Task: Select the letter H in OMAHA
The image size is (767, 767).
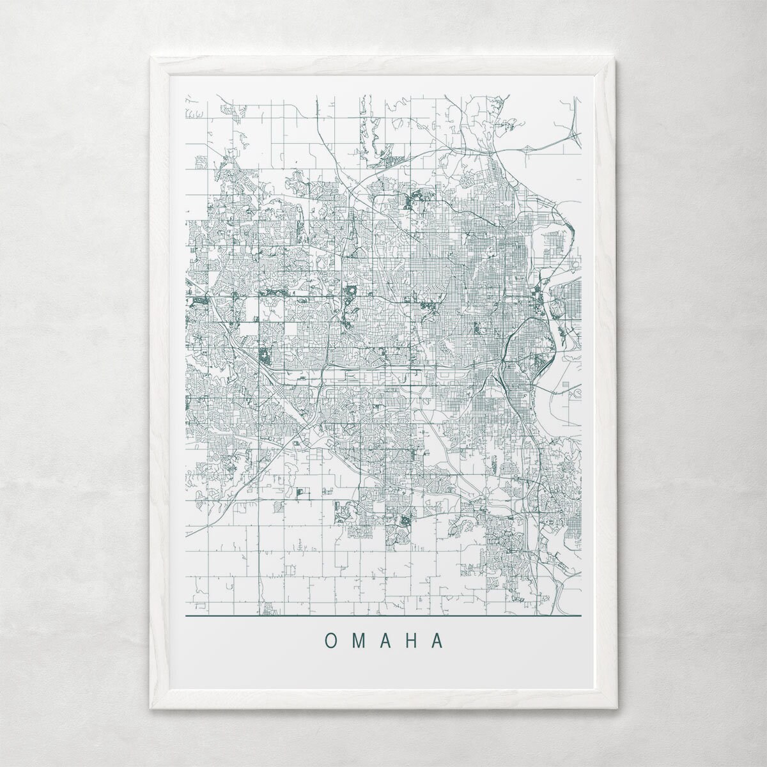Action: (412, 640)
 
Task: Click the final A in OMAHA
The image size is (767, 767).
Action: (438, 640)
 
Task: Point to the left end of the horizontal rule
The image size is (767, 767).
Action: (186, 616)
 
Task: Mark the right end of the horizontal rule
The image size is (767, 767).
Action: (581, 616)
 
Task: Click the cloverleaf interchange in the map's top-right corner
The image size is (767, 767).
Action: (573, 134)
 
